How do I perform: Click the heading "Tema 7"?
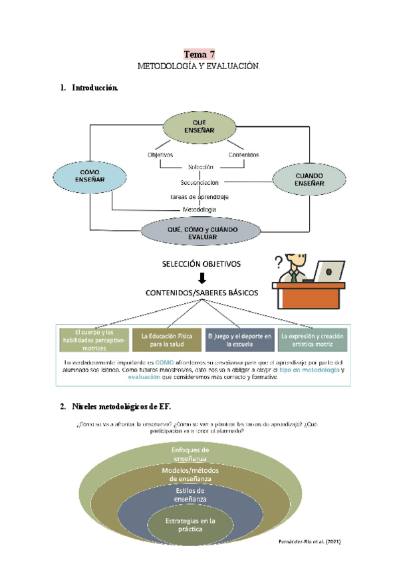click(x=199, y=55)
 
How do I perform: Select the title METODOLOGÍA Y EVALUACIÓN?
click(x=199, y=67)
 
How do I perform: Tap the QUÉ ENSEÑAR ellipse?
click(x=199, y=127)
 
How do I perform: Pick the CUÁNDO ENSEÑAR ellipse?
click(x=309, y=180)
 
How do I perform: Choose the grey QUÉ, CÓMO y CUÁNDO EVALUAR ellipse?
click(x=199, y=232)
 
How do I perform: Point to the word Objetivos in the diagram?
click(x=160, y=155)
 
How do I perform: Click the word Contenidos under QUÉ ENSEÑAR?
click(x=243, y=155)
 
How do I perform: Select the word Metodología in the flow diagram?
click(x=199, y=210)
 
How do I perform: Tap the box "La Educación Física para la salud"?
click(x=166, y=340)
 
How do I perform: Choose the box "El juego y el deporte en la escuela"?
click(x=239, y=340)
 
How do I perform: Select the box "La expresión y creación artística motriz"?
click(x=313, y=340)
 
